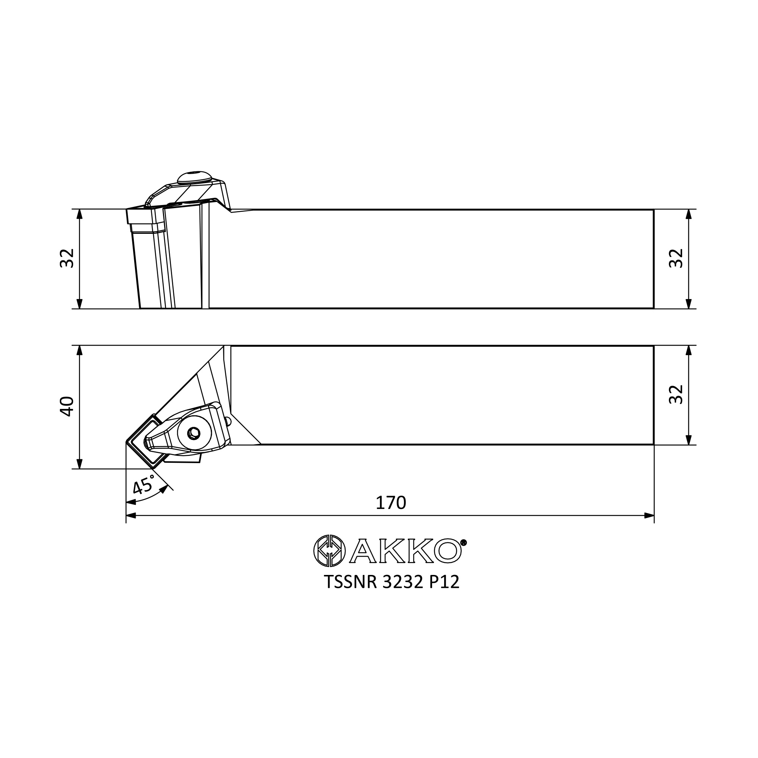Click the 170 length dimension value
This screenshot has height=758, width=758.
pyautogui.click(x=391, y=503)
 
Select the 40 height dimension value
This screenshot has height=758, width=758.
pyautogui.click(x=67, y=406)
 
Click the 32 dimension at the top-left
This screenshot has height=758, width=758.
pyautogui.click(x=67, y=258)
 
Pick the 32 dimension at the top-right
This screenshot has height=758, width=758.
pyautogui.click(x=676, y=258)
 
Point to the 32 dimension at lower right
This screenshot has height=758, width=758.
pyautogui.click(x=676, y=394)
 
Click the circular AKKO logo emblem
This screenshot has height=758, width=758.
pyautogui.click(x=330, y=551)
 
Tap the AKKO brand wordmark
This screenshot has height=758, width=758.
pyautogui.click(x=405, y=551)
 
